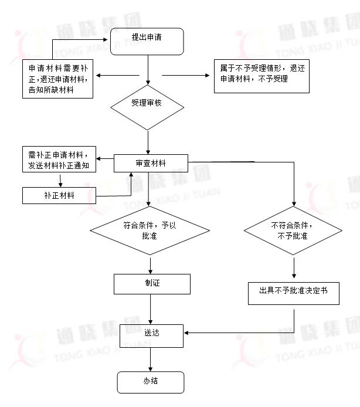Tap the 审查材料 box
tap(151, 164)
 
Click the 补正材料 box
tap(59, 195)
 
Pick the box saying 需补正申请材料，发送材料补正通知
tap(59, 161)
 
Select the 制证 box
tap(152, 284)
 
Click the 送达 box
tap(152, 334)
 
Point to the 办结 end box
tap(151, 382)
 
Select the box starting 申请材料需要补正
tap(58, 78)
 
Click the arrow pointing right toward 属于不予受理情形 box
tap(188, 75)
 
